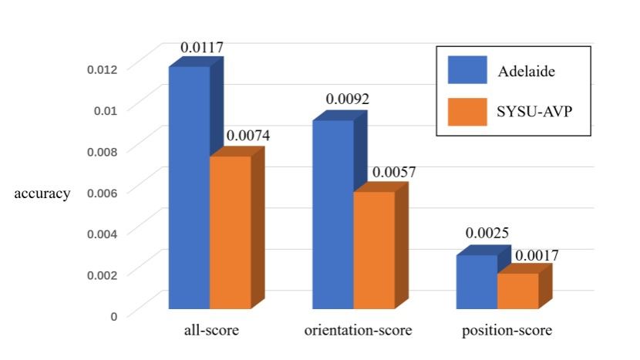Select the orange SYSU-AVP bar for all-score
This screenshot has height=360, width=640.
click(x=231, y=232)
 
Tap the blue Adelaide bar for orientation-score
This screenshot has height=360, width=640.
click(x=333, y=214)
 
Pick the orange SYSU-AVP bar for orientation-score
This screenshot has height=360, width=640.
click(x=374, y=250)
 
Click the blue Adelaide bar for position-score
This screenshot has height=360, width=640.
click(x=477, y=281)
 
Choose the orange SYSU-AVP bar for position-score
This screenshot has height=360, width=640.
click(x=517, y=291)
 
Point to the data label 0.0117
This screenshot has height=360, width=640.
click(x=202, y=48)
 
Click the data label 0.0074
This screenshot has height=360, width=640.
click(x=248, y=136)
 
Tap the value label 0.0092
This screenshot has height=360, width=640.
click(x=348, y=99)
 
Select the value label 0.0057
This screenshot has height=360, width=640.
click(x=393, y=172)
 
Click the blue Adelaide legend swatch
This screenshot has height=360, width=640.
click(x=468, y=70)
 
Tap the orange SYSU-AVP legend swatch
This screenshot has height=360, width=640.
click(x=468, y=112)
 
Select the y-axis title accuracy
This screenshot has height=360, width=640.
click(x=42, y=193)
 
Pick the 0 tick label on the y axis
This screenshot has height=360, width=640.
click(x=113, y=315)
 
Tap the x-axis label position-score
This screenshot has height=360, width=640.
click(x=507, y=331)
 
